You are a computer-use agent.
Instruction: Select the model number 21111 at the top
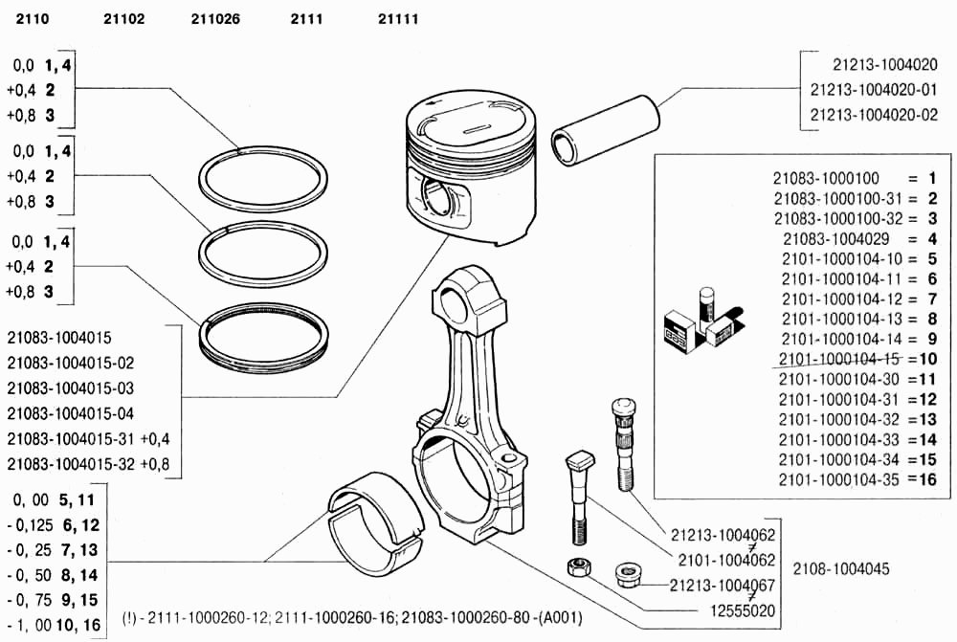(x=398, y=18)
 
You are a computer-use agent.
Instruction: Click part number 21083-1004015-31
(x=71, y=438)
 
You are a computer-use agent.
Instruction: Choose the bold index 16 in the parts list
(x=926, y=479)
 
